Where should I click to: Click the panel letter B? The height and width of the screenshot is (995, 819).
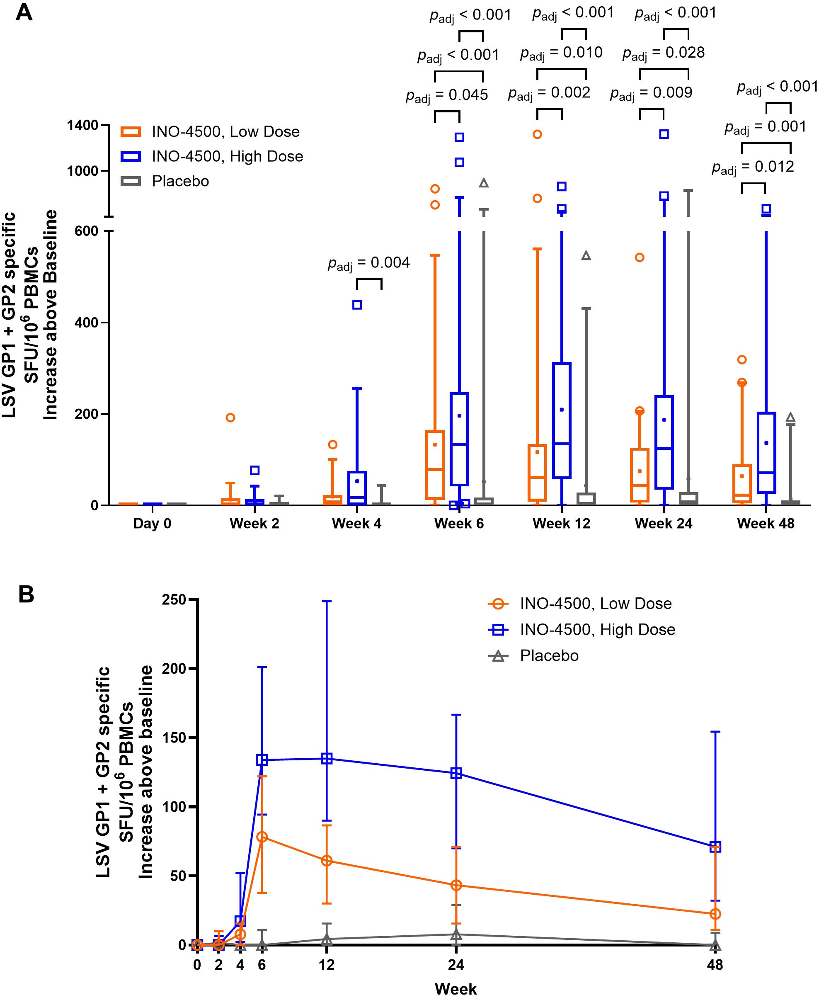[27, 595]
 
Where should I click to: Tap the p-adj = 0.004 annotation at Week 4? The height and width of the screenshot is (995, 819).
[369, 263]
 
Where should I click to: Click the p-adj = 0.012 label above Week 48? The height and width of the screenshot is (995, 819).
[753, 167]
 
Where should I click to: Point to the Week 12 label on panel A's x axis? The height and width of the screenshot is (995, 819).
[562, 524]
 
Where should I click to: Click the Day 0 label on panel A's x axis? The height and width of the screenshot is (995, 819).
[152, 524]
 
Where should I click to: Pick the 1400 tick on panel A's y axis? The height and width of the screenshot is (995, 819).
[82, 126]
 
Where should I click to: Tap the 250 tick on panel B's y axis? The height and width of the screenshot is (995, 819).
[174, 599]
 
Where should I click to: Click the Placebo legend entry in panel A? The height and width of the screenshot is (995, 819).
[180, 181]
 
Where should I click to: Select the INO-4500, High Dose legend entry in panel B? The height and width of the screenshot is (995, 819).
[597, 629]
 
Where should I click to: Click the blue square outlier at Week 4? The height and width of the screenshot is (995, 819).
[357, 305]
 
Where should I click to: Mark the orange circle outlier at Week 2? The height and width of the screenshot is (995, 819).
[230, 417]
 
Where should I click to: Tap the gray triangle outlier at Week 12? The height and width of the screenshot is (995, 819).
[586, 256]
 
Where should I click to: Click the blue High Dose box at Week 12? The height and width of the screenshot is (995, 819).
[562, 420]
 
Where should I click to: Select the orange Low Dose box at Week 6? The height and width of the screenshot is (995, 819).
[435, 465]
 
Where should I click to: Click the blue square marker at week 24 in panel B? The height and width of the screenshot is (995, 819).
[456, 773]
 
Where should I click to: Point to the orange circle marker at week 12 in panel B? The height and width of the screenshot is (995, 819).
[327, 861]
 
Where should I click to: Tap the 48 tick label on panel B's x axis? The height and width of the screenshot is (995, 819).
[715, 965]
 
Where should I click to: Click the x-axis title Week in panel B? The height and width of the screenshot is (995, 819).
[456, 988]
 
